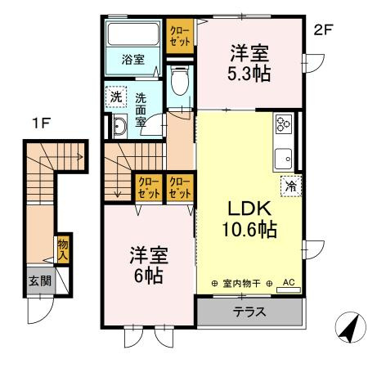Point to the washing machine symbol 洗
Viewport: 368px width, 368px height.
click(117, 96)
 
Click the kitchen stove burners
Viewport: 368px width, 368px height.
click(284, 123)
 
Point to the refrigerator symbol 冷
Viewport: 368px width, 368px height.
click(290, 186)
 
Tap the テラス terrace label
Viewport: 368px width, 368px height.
click(249, 311)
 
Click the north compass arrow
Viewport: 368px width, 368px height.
click(350, 329)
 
